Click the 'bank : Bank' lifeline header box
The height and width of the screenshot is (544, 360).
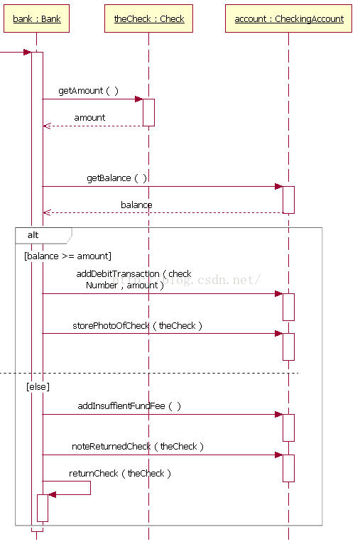tap(36, 18)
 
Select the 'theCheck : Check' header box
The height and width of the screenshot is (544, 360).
tap(149, 18)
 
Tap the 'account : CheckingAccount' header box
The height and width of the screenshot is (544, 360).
tap(288, 18)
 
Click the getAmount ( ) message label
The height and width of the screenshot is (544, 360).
tap(89, 91)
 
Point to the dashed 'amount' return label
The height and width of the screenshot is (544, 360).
tap(89, 118)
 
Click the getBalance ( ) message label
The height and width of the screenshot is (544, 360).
tap(116, 178)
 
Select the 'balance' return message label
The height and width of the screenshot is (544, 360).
tap(136, 205)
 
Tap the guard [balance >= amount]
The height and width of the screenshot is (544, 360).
tap(67, 256)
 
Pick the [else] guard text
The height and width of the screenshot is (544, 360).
tap(38, 386)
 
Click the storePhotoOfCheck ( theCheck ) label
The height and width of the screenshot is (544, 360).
tap(137, 326)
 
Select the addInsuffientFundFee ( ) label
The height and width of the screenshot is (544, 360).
tap(129, 406)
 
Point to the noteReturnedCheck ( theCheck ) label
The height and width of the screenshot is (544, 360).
tap(138, 447)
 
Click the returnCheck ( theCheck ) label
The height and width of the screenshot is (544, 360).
tap(120, 474)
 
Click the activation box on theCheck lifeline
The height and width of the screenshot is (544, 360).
tap(149, 112)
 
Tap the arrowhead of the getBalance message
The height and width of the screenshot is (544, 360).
tap(278, 186)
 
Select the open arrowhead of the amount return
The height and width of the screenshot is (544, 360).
tap(47, 126)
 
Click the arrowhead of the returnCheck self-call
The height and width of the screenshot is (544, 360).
tap(52, 494)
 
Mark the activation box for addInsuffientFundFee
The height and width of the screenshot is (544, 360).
tap(288, 428)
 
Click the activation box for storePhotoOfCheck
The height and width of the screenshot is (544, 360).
tap(288, 347)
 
